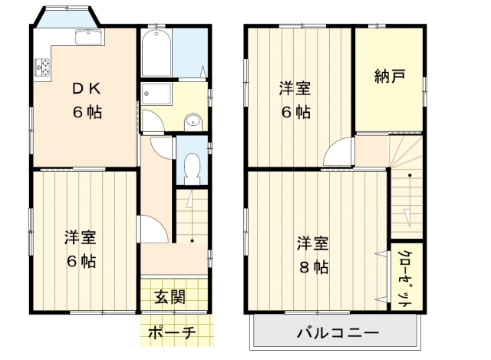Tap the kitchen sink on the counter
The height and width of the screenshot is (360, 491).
[87, 37]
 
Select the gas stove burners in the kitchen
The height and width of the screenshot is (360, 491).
[42, 70]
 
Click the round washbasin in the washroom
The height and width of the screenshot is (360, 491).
[193, 120]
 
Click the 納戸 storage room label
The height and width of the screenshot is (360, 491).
[390, 76]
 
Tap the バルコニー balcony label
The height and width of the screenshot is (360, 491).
[338, 334]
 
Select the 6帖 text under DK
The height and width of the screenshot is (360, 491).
[87, 111]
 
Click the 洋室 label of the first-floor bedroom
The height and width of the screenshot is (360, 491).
[80, 237]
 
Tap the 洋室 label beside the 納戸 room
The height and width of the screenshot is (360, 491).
[295, 88]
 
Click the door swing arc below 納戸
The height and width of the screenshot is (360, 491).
[337, 153]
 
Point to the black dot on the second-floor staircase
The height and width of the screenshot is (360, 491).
[409, 176]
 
